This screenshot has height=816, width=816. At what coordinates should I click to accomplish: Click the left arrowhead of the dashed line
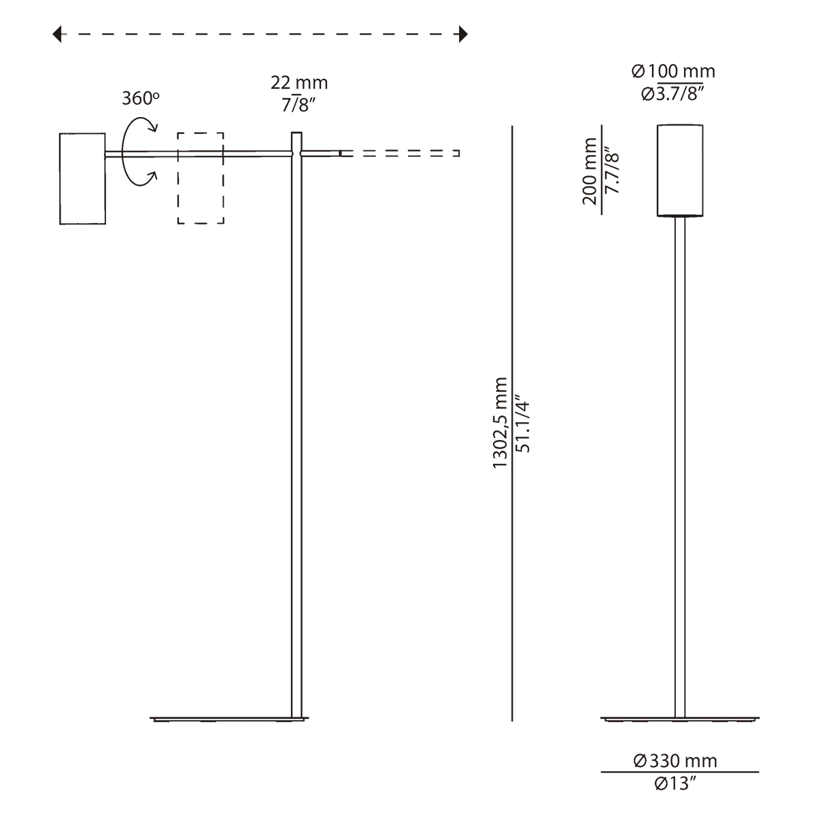[x=56, y=34]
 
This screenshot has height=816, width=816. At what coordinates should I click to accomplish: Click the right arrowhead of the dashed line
[x=463, y=34]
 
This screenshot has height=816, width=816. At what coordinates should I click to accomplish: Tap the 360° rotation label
[x=141, y=98]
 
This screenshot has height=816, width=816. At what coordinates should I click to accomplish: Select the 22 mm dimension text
[x=299, y=82]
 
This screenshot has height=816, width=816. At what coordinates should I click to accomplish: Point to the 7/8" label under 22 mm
[x=299, y=104]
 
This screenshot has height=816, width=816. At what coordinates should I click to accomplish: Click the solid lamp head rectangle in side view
[x=82, y=179]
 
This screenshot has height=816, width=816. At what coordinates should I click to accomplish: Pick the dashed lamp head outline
[x=201, y=178]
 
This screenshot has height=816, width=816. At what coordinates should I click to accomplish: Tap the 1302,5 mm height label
[x=500, y=422]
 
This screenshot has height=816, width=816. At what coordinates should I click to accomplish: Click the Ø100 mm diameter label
[x=673, y=71]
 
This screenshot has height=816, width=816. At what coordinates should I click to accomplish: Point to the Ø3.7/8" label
[x=673, y=94]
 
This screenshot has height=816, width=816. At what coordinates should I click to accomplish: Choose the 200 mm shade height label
[x=590, y=171]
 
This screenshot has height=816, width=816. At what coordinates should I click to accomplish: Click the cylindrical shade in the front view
[x=680, y=171]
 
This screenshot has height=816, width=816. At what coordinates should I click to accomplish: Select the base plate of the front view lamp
[x=680, y=719]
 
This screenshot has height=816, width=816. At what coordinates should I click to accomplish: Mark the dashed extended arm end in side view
[x=400, y=153]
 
